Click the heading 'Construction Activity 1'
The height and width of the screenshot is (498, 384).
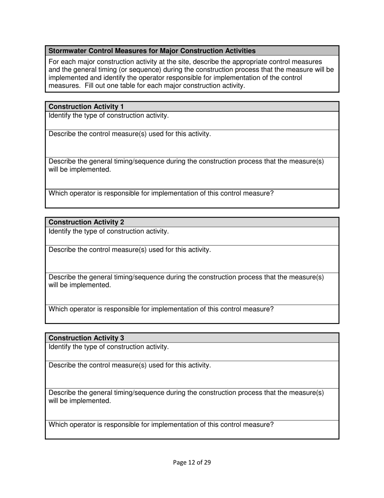pyautogui.click(x=86, y=106)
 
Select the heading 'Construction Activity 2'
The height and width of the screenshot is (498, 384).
pyautogui.click(x=86, y=222)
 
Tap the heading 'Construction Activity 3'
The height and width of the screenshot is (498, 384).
pyautogui.click(x=86, y=338)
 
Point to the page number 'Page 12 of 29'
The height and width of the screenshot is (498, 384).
pyautogui.click(x=192, y=462)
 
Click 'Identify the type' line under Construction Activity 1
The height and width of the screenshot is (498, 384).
pyautogui.click(x=109, y=116)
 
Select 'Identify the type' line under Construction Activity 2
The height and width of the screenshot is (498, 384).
pyautogui.click(x=109, y=231)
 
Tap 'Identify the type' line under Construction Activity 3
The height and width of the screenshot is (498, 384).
pyautogui.click(x=109, y=347)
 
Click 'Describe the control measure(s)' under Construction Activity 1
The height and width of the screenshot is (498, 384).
pyautogui.click(x=130, y=134)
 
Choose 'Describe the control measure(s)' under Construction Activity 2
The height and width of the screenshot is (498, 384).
pyautogui.click(x=130, y=250)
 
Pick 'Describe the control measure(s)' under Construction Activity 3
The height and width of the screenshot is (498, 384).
pyautogui.click(x=130, y=365)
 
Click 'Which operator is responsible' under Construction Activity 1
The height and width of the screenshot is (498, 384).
pyautogui.click(x=161, y=194)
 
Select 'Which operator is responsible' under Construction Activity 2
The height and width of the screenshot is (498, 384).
pyautogui.click(x=161, y=309)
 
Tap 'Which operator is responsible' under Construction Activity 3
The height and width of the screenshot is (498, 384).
pyautogui.click(x=161, y=425)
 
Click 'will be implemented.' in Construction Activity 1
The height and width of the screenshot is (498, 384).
pyautogui.click(x=80, y=170)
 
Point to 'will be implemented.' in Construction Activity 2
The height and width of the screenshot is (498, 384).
pyautogui.click(x=80, y=285)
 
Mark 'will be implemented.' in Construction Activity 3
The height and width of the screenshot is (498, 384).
pyautogui.click(x=80, y=401)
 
